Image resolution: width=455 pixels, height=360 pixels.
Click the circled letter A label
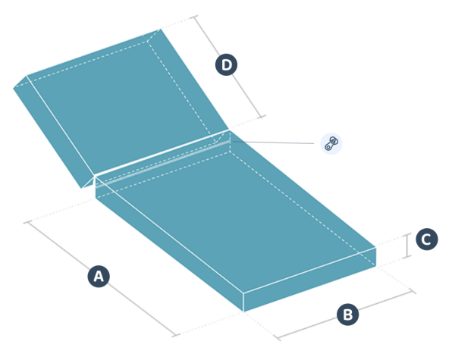click(x=99, y=276)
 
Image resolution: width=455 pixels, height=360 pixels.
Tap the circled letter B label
click(x=347, y=315)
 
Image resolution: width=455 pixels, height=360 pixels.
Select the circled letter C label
click(x=427, y=239)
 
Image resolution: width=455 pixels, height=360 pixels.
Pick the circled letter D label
click(x=226, y=64)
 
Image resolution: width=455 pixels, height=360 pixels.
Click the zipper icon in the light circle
click(x=331, y=143)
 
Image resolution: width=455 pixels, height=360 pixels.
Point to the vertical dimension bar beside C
click(x=407, y=246)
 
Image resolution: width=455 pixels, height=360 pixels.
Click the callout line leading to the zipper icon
click(x=273, y=142)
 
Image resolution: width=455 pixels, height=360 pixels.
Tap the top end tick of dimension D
click(x=194, y=17)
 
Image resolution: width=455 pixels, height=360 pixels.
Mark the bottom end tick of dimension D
click(x=262, y=117)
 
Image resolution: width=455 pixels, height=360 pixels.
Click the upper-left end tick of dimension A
click(x=28, y=222)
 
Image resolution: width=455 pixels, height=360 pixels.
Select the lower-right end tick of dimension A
click(x=176, y=336)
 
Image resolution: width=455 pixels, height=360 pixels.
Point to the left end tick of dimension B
click(x=278, y=338)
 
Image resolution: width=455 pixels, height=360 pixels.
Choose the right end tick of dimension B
click(x=413, y=291)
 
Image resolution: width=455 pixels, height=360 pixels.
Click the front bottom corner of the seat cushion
click(x=243, y=311)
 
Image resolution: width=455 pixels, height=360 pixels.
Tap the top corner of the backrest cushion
click(x=159, y=29)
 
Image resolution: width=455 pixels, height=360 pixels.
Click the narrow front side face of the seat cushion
click(x=310, y=280)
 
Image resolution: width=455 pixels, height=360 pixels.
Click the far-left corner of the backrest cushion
click(x=14, y=88)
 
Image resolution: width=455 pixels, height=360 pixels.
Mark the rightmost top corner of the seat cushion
click(x=376, y=247)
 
